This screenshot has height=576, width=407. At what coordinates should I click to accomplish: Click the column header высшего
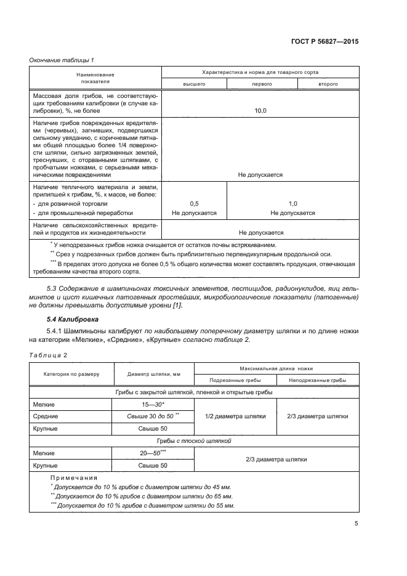193,83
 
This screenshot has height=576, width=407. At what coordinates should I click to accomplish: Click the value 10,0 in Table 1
260,111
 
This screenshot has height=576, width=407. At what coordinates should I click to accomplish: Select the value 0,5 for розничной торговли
194,203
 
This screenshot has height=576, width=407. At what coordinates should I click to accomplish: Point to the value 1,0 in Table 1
292,203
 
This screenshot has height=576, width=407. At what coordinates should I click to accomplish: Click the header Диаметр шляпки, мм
153,374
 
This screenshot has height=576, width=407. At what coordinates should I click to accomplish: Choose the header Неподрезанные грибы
317,381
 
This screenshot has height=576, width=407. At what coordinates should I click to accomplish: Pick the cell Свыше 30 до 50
153,416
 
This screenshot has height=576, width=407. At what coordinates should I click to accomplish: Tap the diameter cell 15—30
153,404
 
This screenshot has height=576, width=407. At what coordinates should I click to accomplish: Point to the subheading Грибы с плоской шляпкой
194,440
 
